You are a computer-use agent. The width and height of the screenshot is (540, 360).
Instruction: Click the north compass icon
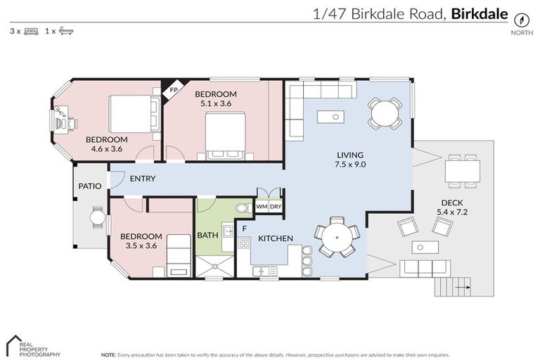coord(522,20)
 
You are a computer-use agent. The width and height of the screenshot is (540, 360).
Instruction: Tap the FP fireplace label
coord(172,90)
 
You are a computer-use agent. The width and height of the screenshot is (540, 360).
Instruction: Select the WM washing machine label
coord(262,207)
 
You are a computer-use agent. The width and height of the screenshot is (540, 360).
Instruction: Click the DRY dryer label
coord(276,207)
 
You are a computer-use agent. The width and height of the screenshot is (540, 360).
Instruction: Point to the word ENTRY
coord(143,179)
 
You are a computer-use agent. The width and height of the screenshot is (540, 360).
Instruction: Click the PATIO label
coord(89,186)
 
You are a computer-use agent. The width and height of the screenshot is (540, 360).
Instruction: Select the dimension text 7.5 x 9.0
coord(351,165)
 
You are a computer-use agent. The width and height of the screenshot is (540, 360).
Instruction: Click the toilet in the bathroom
coord(241,207)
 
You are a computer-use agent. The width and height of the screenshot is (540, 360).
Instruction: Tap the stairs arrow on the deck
coord(461,288)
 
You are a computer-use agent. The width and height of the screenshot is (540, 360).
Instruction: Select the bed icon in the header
coord(32,31)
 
